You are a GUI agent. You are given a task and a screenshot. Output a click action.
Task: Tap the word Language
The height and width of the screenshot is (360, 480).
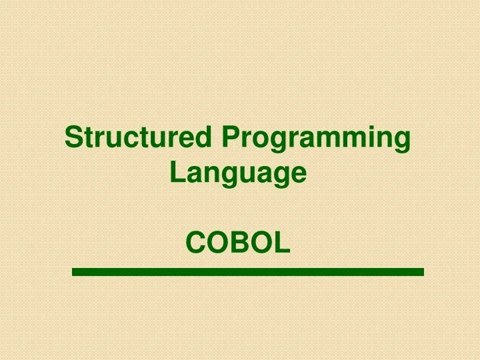(x=238, y=173)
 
